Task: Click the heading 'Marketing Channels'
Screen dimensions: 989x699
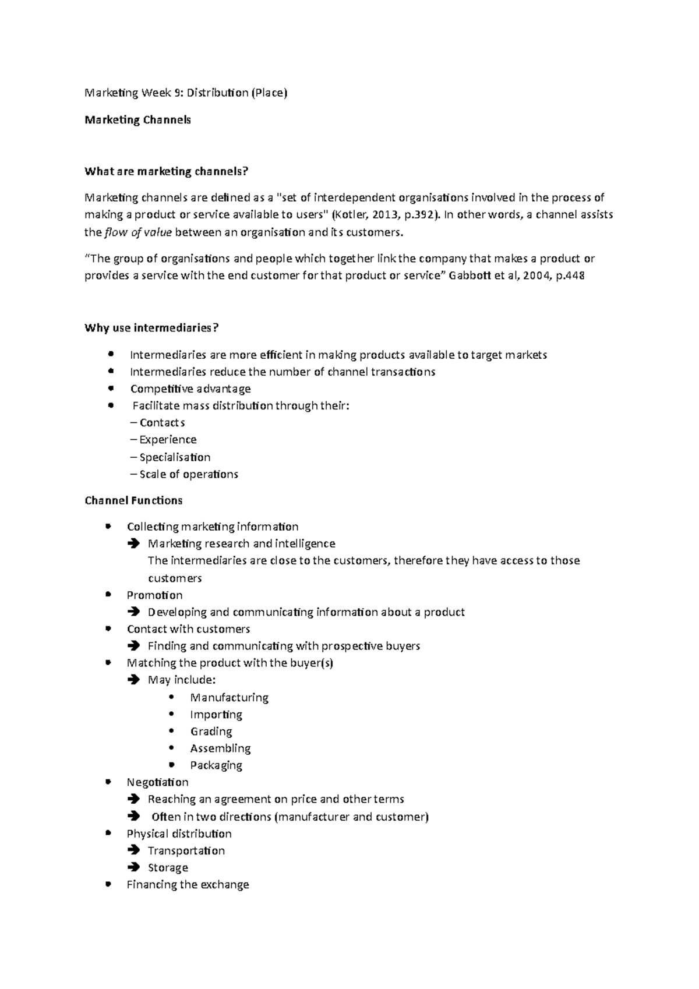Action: coord(137,120)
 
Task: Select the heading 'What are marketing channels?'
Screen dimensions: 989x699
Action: coord(166,171)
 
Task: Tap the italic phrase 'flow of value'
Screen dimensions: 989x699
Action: coord(138,232)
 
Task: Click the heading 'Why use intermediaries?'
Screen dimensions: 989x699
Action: coord(151,328)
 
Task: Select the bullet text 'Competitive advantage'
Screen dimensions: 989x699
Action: coord(190,388)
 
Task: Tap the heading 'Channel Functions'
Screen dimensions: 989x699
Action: coord(133,500)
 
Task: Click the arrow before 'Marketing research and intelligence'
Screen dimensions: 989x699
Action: coord(133,543)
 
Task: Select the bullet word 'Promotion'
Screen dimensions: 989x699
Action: coord(154,595)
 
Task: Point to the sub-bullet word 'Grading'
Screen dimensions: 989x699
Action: coord(211,732)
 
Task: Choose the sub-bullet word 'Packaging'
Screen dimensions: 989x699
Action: coord(216,765)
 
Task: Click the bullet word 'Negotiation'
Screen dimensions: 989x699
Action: coord(157,782)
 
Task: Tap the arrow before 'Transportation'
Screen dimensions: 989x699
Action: coord(133,850)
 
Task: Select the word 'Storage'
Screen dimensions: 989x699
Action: coord(168,868)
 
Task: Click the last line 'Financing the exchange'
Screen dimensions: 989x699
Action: coord(188,885)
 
